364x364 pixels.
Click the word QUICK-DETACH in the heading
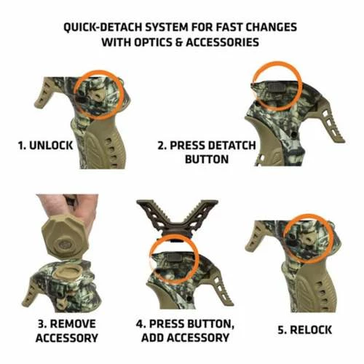coord(103,27)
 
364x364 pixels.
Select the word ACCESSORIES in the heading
coord(222,42)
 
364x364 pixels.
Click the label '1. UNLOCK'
coord(45,146)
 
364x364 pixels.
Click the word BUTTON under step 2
coord(207,159)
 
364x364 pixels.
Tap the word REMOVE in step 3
coord(73,324)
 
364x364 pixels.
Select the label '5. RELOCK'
coord(305,330)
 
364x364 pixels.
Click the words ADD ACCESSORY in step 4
coord(186,338)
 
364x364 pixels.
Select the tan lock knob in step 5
coord(308,239)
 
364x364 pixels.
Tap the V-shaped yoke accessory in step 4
coord(178,216)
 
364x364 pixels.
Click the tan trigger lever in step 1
coord(44,93)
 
